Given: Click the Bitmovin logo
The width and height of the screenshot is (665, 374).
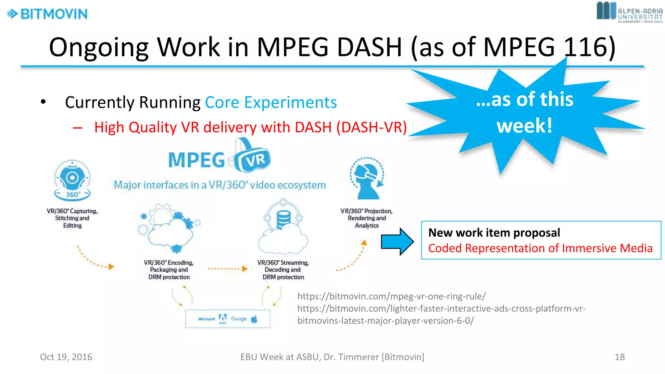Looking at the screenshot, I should [47, 14].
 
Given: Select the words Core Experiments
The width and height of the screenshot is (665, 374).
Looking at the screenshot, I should [271, 103].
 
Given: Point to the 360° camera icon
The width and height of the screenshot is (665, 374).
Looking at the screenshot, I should [72, 180].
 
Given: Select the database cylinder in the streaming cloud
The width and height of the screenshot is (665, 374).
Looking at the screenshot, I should [283, 219].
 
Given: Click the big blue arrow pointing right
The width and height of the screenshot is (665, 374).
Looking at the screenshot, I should [397, 242].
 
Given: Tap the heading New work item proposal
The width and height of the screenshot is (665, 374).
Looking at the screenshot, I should [494, 233].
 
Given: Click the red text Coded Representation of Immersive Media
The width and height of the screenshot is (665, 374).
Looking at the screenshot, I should [540, 248].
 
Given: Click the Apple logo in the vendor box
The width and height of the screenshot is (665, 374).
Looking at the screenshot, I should [255, 319].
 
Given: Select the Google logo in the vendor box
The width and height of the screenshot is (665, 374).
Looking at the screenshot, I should [239, 319].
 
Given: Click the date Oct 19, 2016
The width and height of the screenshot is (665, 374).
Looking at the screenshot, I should [66, 357].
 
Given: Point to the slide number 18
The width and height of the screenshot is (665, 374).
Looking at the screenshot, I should [620, 357].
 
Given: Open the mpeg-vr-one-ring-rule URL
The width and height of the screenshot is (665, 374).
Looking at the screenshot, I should [391, 296].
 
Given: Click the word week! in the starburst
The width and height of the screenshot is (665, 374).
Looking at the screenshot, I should [524, 126].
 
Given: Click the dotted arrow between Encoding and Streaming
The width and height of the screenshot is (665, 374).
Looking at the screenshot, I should [227, 269].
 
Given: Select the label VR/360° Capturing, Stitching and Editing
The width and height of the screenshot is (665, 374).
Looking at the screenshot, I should [72, 218].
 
